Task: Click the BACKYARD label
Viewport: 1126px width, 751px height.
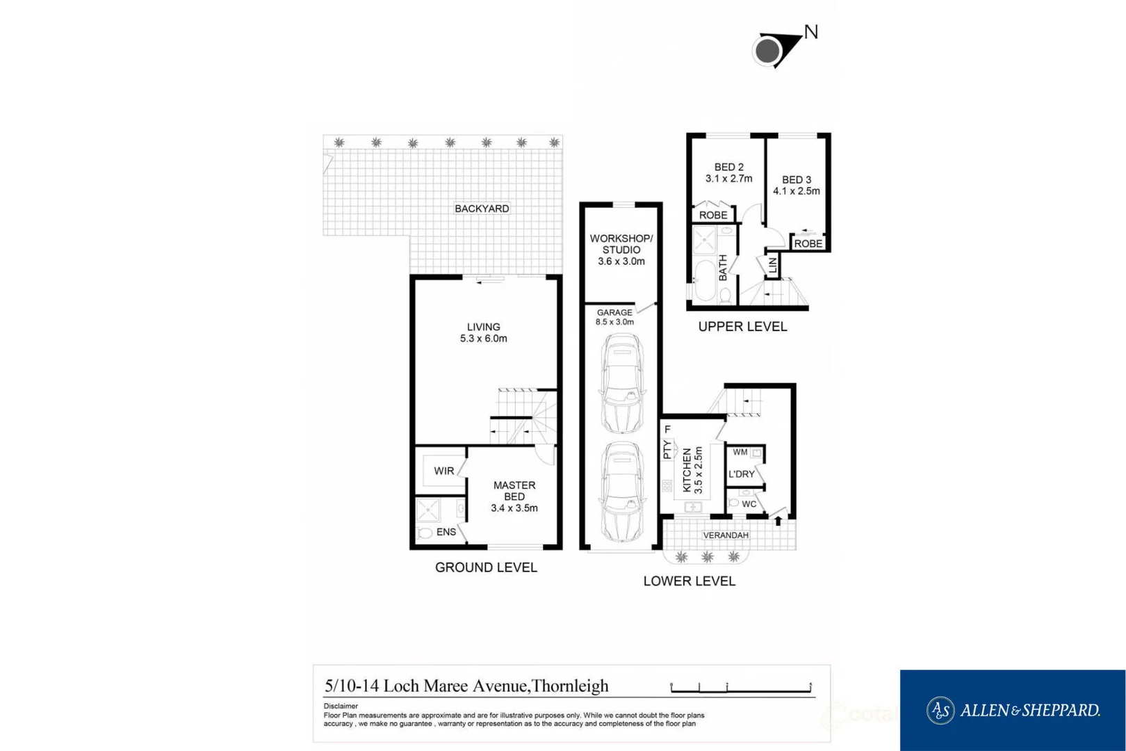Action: (x=482, y=209)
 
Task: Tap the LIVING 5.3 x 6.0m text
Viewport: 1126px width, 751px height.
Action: (x=483, y=333)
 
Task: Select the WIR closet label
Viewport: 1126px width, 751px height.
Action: (x=443, y=471)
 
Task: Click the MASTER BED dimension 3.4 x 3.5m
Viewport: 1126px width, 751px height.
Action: (x=514, y=508)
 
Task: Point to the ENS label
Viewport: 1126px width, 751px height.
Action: (x=446, y=532)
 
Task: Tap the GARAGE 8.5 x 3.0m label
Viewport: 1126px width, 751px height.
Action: (x=614, y=317)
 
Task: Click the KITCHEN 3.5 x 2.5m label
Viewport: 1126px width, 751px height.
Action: (x=692, y=470)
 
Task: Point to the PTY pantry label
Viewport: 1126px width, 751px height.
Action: (x=667, y=450)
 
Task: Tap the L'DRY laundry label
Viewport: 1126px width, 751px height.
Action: (x=742, y=474)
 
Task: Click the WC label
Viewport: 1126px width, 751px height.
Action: (x=749, y=504)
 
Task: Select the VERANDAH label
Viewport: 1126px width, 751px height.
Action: (x=726, y=535)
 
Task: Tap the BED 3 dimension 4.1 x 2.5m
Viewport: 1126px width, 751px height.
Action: (x=797, y=191)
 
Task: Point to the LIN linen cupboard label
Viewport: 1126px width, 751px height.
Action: (x=772, y=265)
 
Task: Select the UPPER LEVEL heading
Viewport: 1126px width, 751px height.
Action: (x=742, y=327)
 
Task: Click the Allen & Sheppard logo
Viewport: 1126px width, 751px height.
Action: (x=1013, y=710)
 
